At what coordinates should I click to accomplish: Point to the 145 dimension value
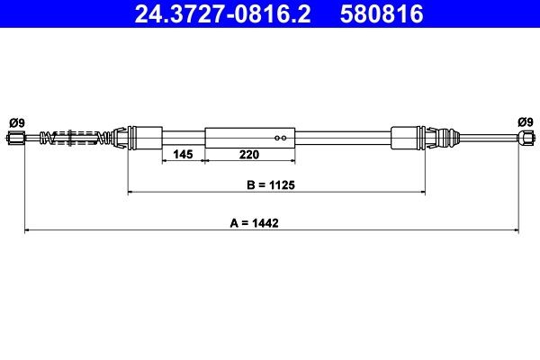183,155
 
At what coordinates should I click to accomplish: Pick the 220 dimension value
249,155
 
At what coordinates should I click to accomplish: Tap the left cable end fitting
17,138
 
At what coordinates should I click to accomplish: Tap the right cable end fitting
525,138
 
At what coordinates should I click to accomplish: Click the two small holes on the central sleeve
281,138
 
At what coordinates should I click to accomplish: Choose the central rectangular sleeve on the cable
249,138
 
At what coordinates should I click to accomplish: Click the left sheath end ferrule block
146,138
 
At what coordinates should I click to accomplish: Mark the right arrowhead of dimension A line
517,231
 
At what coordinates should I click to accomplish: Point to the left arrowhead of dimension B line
131,192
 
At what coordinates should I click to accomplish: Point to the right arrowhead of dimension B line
421,192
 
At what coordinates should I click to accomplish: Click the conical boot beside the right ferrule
438,138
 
